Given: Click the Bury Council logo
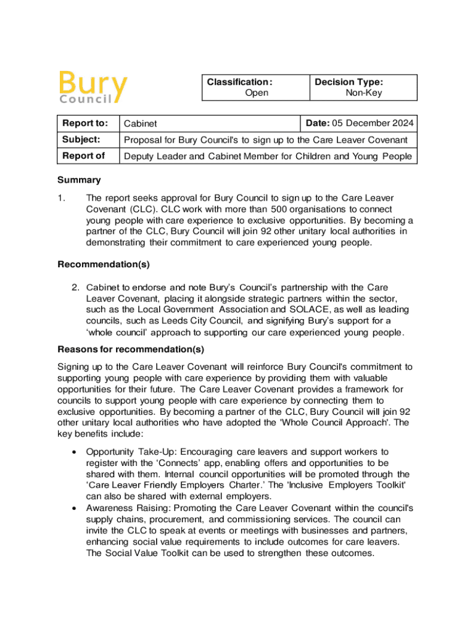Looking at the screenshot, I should (x=94, y=88).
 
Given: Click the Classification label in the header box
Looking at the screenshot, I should (x=239, y=82).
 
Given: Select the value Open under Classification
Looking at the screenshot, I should (x=257, y=93).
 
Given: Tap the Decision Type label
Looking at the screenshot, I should (x=349, y=82).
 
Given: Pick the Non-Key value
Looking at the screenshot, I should (x=364, y=93).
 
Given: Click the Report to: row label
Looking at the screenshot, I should (x=85, y=123).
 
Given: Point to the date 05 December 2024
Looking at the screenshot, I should (x=375, y=123).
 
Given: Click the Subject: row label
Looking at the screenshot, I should (x=81, y=139).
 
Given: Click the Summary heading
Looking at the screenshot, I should (x=79, y=180).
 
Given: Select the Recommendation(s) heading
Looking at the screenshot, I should (x=104, y=265).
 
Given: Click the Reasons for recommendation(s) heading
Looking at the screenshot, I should (x=131, y=349).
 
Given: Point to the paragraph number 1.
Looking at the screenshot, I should (x=61, y=198).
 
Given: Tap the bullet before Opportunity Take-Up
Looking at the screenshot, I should (x=75, y=452).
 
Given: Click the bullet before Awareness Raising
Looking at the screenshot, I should (x=75, y=508).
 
